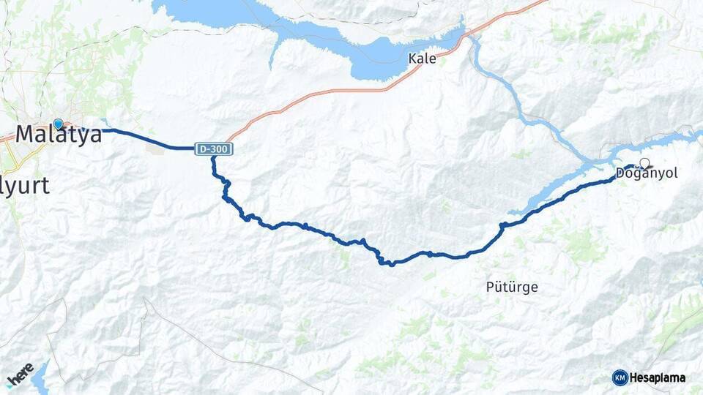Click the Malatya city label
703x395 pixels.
tap(59, 135)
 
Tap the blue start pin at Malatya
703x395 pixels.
tap(59, 124)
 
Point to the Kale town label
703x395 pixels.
tap(423, 59)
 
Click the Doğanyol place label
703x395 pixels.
tap(647, 174)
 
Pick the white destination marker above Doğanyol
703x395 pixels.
tap(644, 163)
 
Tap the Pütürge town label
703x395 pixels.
tap(512, 287)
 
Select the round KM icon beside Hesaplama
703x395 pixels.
tap(620, 377)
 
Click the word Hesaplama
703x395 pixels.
tap(658, 377)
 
